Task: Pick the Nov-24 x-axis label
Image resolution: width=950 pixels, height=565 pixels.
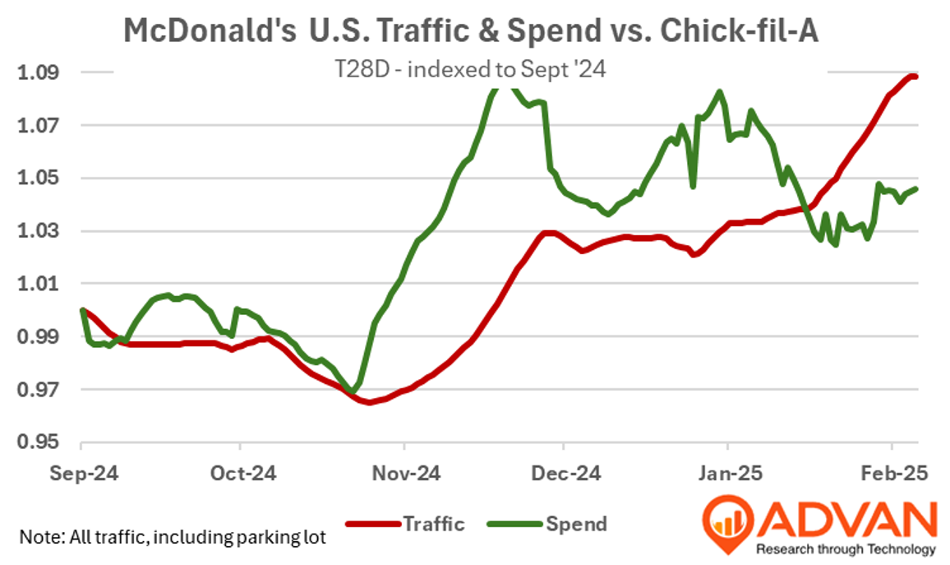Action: click(404, 475)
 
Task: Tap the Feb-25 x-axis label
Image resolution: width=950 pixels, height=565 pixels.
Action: click(891, 475)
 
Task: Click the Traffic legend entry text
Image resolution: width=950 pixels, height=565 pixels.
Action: click(433, 523)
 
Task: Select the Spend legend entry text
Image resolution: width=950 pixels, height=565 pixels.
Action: click(576, 523)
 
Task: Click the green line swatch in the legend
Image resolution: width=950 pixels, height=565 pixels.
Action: click(514, 524)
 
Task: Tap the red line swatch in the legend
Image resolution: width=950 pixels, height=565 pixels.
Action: click(371, 524)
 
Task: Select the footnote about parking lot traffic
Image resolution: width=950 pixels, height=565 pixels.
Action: click(173, 539)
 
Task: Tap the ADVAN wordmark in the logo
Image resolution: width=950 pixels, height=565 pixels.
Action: click(846, 518)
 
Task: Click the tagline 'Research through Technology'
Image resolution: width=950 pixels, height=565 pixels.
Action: click(846, 549)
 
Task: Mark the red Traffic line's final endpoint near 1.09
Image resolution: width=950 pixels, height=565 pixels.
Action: click(915, 76)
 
